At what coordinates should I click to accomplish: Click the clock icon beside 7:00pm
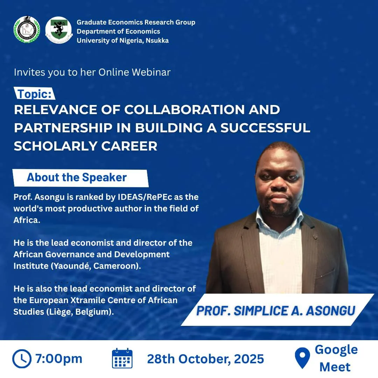coord(22,359)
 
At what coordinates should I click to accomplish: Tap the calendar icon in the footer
coord(122,358)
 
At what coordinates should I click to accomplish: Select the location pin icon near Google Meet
coord(302,358)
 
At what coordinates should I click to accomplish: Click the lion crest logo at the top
coord(58,30)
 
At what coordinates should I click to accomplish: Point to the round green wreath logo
coord(27,30)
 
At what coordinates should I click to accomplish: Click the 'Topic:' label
coord(35,94)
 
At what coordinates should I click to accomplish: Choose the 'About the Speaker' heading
coord(77,177)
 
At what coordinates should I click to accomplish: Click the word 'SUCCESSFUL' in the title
coord(265,128)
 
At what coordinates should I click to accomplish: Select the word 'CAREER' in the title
coord(129,146)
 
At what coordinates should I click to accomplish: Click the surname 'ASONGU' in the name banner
coord(330,311)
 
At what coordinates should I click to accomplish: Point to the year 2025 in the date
coord(249,359)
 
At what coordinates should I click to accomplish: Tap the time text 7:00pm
coord(58,359)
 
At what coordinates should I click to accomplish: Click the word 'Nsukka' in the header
coord(157,41)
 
